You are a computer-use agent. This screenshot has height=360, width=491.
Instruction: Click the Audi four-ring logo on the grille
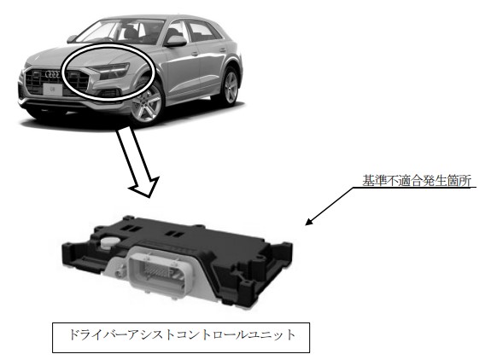point(52,74)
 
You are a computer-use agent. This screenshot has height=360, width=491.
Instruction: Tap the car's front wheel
point(147,102)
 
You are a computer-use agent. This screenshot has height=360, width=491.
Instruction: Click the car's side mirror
point(176,41)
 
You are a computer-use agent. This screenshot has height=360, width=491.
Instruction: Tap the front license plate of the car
point(52,90)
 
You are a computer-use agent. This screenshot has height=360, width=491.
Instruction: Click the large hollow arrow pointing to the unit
point(138,161)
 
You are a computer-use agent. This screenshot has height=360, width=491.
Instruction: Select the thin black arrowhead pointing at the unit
point(309,222)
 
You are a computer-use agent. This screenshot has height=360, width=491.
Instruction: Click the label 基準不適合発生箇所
point(417,181)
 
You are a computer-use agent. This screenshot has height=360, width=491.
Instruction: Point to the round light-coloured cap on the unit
point(109,242)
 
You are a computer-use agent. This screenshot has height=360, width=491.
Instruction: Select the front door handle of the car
point(195,54)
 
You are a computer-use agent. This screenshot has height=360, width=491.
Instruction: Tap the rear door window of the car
point(202,32)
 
